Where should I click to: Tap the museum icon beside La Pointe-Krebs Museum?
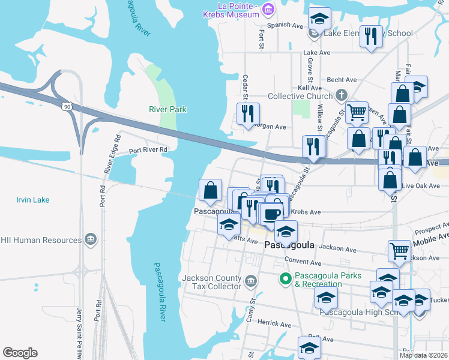[268, 8]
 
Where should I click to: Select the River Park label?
[167, 109]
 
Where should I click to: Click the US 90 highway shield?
[66, 106]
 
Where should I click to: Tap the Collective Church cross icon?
[342, 95]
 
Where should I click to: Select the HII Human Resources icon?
[91, 240]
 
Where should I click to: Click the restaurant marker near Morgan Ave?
[247, 112]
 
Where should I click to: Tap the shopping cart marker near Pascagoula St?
[357, 111]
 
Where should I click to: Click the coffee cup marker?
[271, 214]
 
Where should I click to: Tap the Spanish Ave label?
[289, 25]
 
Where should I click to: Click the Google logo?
[20, 353]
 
